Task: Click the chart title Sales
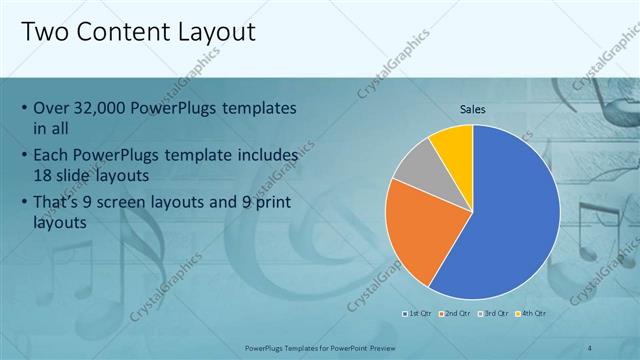tap(473, 109)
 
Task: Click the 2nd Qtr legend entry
tap(455, 313)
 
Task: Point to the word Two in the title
tap(45, 32)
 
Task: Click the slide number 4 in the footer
tap(591, 346)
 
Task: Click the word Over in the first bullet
tap(52, 108)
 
